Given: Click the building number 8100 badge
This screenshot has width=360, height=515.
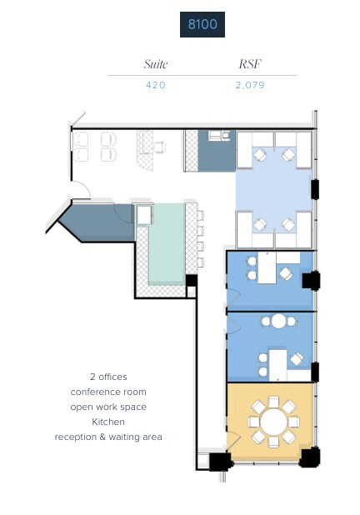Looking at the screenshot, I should point(202,25).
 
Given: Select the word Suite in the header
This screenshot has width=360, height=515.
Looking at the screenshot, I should point(156,64).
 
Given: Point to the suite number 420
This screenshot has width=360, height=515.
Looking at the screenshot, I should point(156,85).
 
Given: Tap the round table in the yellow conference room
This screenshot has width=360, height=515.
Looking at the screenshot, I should point(271,421).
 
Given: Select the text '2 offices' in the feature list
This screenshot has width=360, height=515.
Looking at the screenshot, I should point(108,377).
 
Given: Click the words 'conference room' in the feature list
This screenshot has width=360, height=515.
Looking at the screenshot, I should point(108,392).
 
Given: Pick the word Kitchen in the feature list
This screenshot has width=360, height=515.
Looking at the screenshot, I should point(108,422).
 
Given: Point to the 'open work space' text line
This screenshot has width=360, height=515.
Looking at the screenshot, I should point(108,407).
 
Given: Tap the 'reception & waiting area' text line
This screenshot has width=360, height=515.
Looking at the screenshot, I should point(108,437).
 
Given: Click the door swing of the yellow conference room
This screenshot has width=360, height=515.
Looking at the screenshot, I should point(234,440).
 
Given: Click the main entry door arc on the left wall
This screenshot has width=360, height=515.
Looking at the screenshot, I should point(81,192).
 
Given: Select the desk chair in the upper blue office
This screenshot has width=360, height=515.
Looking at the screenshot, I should point(285,273).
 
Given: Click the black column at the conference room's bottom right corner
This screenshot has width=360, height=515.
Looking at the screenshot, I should point(309,457).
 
